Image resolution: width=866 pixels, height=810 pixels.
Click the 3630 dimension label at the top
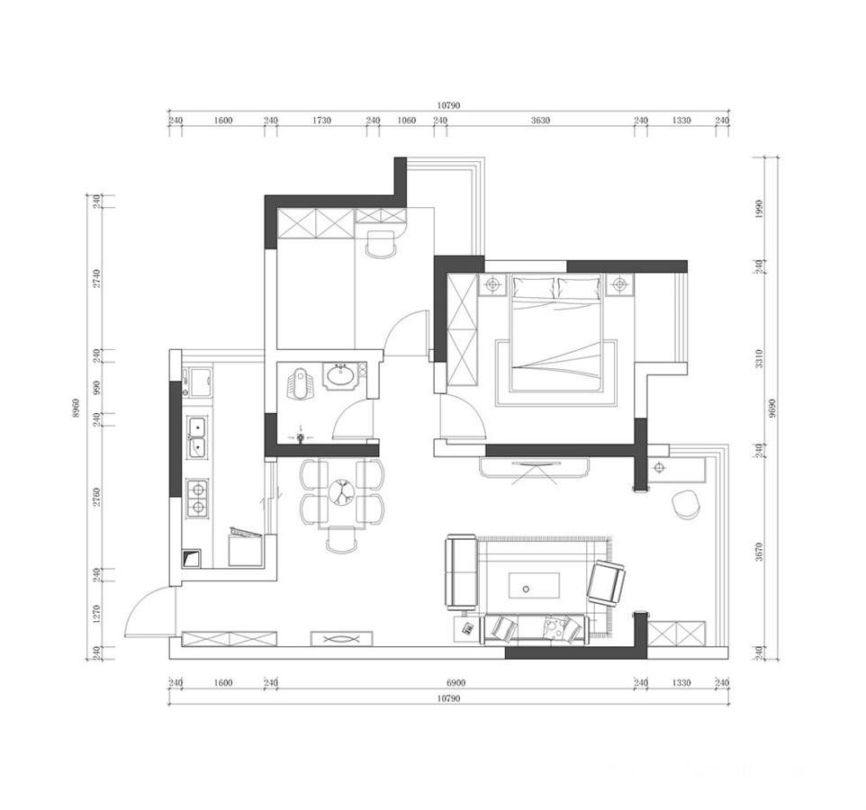tap(540, 121)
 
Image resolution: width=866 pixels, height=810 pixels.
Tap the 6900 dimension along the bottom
tap(456, 682)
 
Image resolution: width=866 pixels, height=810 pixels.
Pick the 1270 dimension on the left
tap(96, 614)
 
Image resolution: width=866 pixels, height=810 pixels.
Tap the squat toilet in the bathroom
tap(299, 382)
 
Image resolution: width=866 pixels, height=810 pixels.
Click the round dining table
tap(342, 490)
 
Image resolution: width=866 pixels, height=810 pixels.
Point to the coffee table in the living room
tap(534, 586)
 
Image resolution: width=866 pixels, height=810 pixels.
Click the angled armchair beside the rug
tap(606, 583)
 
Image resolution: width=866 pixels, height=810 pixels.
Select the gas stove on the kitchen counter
tap(198, 499)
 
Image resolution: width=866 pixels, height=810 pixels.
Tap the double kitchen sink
tap(197, 437)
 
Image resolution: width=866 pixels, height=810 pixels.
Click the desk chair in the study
tap(381, 244)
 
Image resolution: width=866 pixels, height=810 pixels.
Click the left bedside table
tap(492, 284)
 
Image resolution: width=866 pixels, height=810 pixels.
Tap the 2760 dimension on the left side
tap(96, 497)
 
